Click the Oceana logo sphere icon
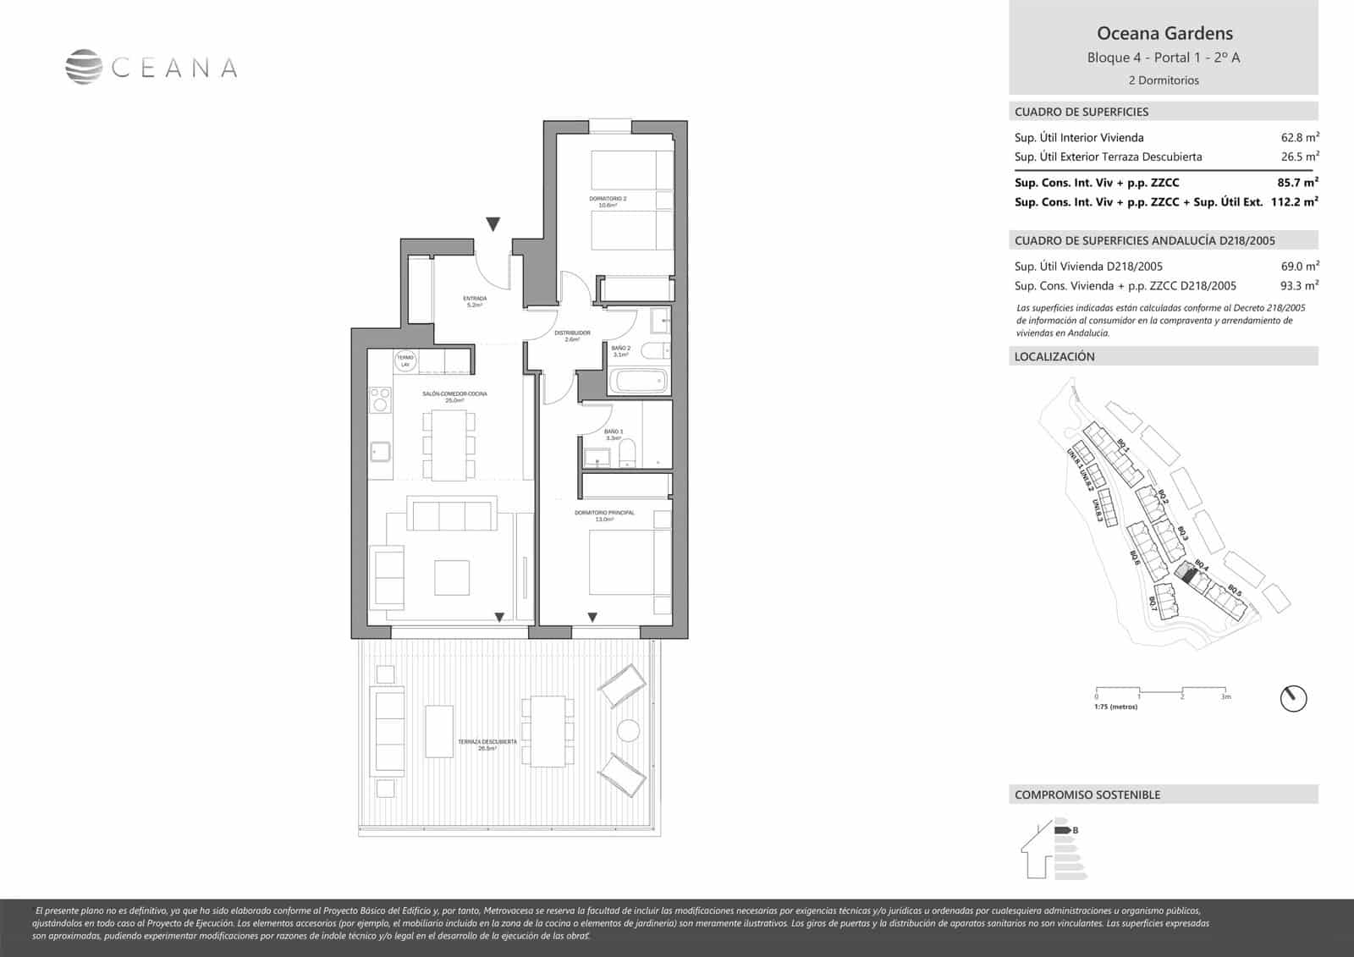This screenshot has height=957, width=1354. [84, 68]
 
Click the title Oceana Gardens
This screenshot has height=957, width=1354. [1164, 34]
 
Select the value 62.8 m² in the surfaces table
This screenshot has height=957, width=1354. [1300, 137]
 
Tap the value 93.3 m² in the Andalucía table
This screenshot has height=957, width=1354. [1300, 286]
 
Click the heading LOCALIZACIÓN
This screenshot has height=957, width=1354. [1054, 357]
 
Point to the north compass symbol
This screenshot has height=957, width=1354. [1293, 698]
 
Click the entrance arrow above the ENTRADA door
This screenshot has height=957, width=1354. [493, 224]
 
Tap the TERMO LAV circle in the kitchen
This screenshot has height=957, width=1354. [405, 361]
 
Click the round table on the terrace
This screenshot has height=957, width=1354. [629, 730]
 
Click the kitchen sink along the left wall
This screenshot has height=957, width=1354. [380, 452]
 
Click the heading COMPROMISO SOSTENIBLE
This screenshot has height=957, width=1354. [1087, 795]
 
